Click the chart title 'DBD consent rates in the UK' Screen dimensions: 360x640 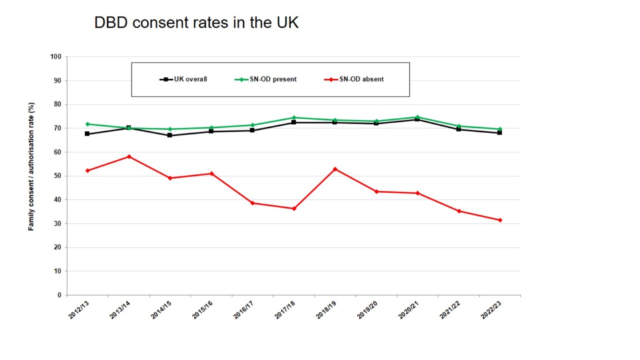(196, 22)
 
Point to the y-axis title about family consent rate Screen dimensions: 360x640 (31, 166)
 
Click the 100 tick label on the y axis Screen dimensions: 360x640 (55, 57)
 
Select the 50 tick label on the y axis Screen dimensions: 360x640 (57, 176)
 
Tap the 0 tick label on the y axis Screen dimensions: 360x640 (59, 295)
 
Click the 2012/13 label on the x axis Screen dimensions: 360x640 (79, 310)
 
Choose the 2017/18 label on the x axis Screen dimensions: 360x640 (285, 310)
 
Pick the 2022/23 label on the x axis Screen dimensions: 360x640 (491, 310)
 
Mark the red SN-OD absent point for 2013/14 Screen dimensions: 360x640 (129, 156)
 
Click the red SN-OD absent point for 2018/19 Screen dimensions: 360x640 (335, 169)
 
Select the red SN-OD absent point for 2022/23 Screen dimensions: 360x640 (500, 220)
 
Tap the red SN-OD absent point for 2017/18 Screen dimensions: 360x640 (294, 208)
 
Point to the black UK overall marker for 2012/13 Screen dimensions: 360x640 (87, 134)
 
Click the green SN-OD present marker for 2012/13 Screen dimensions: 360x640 (87, 124)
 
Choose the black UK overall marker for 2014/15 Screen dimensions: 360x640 (170, 135)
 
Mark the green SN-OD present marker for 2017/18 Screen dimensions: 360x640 (294, 117)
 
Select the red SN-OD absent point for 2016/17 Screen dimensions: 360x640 (252, 203)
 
